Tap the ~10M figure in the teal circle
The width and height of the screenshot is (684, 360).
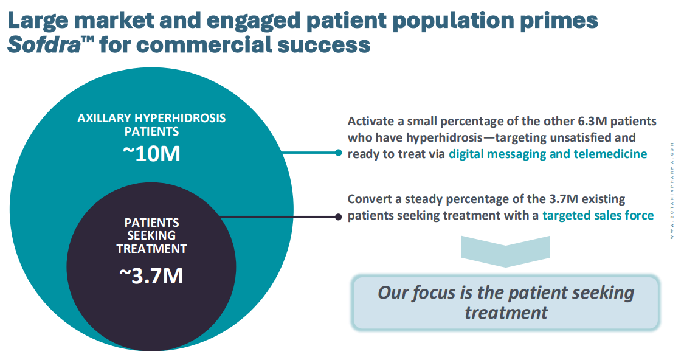tap(151, 154)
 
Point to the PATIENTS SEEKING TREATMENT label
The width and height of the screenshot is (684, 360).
tap(151, 235)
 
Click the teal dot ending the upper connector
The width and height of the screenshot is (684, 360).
tap(339, 153)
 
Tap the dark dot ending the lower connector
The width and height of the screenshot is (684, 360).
tap(339, 216)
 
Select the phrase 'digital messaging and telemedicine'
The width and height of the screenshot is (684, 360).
tap(548, 154)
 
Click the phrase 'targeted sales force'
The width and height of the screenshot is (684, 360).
tap(598, 215)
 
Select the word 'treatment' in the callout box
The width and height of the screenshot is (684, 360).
tap(506, 313)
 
